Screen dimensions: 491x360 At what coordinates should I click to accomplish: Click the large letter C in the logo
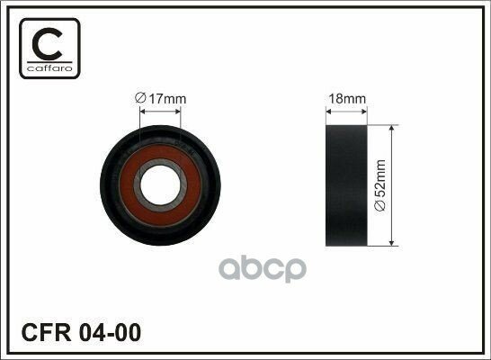(x=47, y=44)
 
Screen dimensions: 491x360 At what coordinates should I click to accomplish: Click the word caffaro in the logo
(x=49, y=68)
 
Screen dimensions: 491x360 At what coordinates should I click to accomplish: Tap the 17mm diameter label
(x=160, y=99)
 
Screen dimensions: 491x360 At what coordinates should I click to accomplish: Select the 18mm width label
(x=347, y=99)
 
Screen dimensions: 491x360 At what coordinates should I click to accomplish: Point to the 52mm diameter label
(x=380, y=185)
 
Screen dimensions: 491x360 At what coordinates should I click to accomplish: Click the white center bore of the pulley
(x=160, y=185)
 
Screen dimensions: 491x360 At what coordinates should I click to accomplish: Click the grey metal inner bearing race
(x=137, y=185)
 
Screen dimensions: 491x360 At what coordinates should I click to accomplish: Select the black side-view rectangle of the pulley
(x=346, y=185)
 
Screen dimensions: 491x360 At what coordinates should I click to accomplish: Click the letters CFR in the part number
(x=47, y=333)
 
